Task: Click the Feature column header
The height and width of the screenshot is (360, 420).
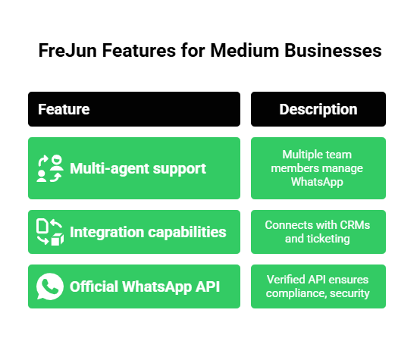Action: [x=64, y=109]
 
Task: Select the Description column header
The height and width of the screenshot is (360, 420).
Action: [x=318, y=109]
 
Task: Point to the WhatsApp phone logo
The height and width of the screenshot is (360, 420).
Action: [x=50, y=286]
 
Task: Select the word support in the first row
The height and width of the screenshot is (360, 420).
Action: [x=180, y=168]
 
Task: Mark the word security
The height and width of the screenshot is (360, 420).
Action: [x=349, y=293]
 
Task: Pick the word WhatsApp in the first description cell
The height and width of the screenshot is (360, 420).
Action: [x=318, y=181]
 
